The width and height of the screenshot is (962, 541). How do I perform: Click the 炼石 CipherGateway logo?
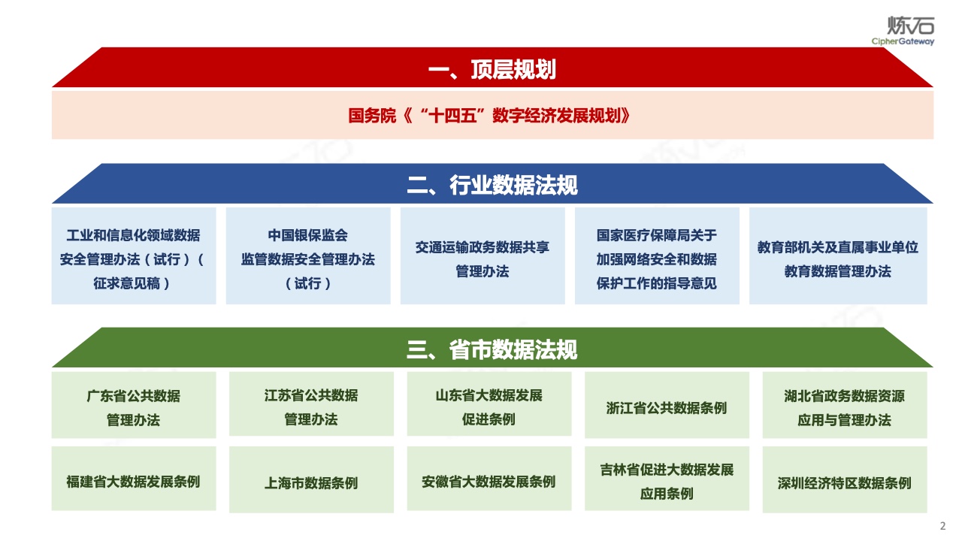903,31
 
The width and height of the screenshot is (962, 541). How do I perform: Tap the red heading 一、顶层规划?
492,70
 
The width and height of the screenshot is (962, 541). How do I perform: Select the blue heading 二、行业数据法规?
492,186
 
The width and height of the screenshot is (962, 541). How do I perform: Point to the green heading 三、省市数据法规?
492,349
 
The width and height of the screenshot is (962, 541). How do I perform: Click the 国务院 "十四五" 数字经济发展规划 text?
489,116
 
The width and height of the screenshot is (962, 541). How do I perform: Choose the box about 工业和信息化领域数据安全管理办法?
134,256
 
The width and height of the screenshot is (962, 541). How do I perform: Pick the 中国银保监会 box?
308,256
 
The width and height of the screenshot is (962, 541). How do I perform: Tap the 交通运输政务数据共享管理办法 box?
483,256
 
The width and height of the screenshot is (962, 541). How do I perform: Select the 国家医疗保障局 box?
657,256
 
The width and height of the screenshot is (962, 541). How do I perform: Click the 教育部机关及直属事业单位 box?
838,256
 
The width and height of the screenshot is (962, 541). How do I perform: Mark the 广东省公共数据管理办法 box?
134,405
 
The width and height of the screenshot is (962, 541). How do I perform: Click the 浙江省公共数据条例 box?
667,405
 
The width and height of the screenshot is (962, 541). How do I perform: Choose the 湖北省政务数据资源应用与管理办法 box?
845,405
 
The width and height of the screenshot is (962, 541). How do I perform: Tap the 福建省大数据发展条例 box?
134,479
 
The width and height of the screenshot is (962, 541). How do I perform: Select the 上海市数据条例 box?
311,479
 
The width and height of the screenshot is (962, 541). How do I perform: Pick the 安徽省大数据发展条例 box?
489,479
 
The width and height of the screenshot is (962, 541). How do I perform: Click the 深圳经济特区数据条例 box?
845,479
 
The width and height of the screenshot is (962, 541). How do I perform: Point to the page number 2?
942,526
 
